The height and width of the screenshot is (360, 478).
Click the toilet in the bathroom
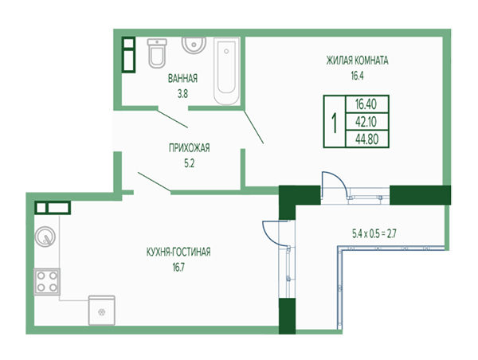click(x=157, y=53)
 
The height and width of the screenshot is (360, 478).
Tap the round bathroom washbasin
click(x=194, y=45)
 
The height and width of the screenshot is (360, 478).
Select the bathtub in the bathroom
click(x=226, y=72)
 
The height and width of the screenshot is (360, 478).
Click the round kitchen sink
click(x=45, y=237)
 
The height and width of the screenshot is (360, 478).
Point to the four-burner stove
click(x=47, y=282)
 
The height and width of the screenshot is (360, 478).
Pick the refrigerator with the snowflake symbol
click(x=101, y=310)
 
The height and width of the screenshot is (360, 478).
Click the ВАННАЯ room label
click(x=182, y=78)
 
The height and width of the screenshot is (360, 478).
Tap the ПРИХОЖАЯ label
click(x=190, y=148)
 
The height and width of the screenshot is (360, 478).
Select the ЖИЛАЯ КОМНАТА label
click(x=357, y=61)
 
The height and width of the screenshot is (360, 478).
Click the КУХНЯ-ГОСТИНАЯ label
click(x=178, y=252)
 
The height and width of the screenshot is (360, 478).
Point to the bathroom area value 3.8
click(x=182, y=94)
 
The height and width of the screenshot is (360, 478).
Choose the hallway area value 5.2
click(x=189, y=164)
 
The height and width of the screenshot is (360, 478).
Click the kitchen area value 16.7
click(x=178, y=268)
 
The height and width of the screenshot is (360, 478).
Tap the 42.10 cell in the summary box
click(x=367, y=122)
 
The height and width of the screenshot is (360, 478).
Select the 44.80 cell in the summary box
click(x=367, y=139)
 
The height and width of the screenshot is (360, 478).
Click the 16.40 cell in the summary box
click(x=367, y=104)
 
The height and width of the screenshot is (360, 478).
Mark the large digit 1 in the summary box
click(x=335, y=122)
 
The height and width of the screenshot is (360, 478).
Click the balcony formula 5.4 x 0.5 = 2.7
click(x=374, y=234)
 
